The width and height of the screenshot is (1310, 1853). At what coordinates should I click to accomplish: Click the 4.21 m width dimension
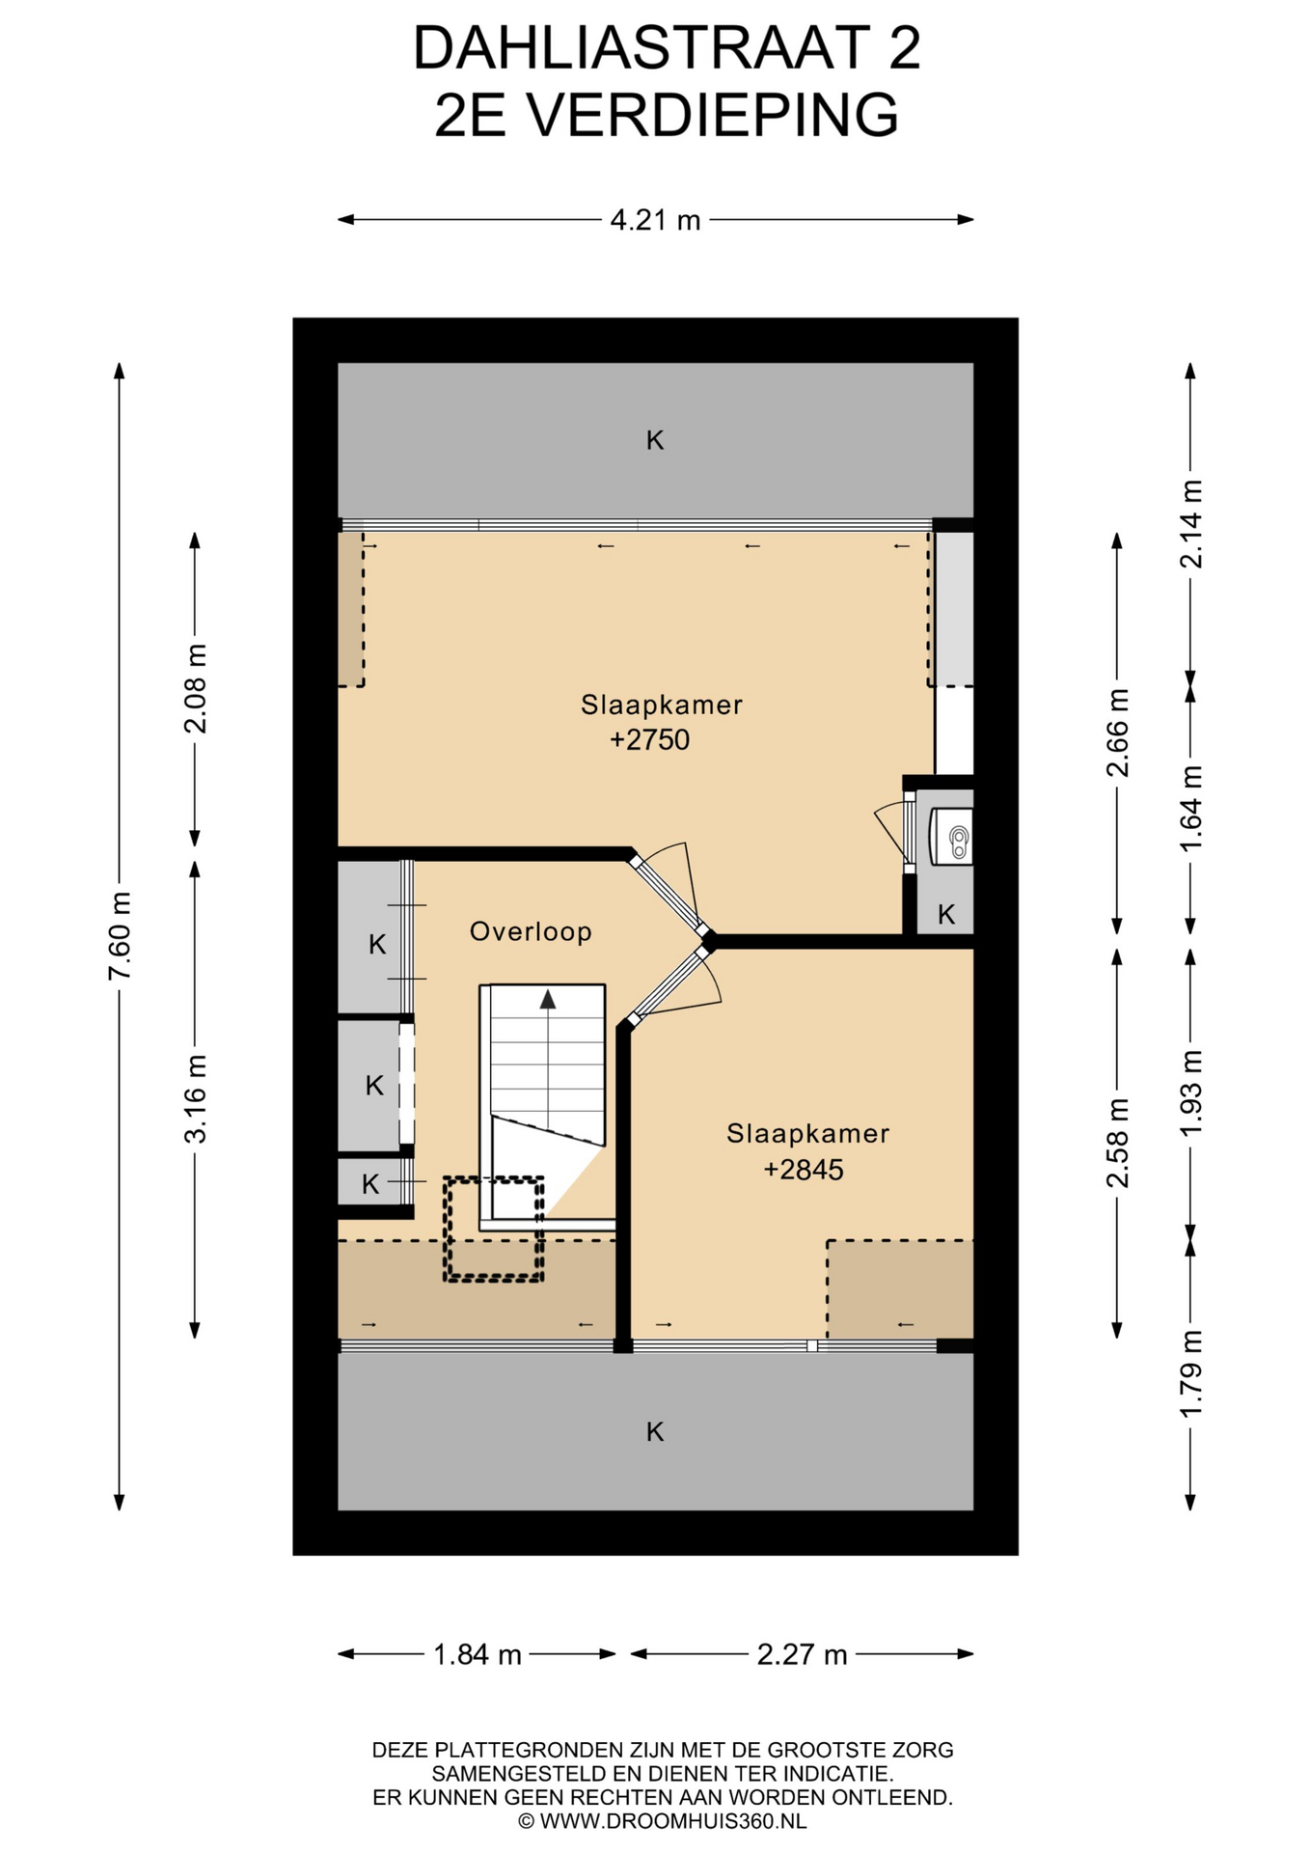click(x=655, y=220)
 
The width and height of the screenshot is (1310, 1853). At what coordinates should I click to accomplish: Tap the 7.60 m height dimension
click(x=120, y=935)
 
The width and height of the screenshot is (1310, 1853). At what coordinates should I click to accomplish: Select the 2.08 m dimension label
click(x=196, y=688)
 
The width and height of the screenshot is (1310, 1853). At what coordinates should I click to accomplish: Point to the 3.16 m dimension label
click(x=196, y=1098)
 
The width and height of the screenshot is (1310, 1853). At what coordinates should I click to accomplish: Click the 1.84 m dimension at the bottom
click(x=478, y=1655)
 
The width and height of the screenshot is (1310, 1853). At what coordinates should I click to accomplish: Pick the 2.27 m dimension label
click(x=802, y=1655)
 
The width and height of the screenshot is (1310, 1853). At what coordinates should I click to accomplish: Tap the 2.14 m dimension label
click(x=1191, y=523)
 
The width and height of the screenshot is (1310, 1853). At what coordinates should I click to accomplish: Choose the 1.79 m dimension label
click(x=1191, y=1373)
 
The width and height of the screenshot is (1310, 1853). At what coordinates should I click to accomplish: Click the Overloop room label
click(x=531, y=931)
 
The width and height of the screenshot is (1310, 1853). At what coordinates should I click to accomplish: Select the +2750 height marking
click(x=650, y=740)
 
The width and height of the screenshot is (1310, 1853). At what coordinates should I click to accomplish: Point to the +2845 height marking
click(x=804, y=1170)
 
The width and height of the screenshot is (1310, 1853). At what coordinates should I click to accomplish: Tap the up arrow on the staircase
click(x=548, y=999)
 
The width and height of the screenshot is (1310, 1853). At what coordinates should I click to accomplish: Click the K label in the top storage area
click(x=655, y=441)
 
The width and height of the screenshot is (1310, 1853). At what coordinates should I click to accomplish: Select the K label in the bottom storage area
click(x=655, y=1432)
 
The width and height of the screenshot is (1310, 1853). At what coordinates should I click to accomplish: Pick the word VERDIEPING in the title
click(x=713, y=115)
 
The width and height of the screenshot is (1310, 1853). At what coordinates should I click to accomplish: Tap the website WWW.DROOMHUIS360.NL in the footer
click(x=672, y=1821)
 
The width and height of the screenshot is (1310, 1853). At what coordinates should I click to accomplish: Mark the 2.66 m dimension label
click(x=1118, y=733)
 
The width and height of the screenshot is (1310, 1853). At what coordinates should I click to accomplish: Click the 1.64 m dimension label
click(x=1191, y=809)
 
